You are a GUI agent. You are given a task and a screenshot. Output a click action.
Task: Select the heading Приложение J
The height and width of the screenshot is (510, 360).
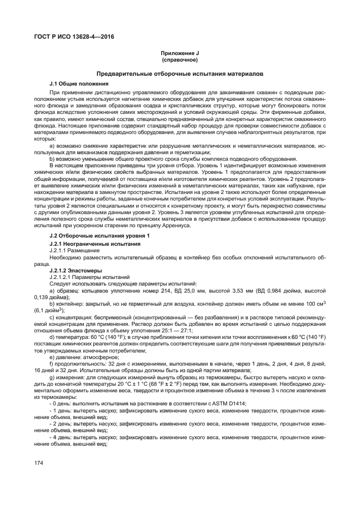[179, 53]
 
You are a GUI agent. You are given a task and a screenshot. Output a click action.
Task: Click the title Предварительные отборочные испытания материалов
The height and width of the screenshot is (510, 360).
[179, 73]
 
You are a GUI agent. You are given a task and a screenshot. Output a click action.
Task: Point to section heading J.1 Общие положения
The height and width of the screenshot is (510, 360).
[78, 83]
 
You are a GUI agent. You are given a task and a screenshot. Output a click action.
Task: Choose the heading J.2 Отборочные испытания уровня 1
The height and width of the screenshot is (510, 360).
[95, 235]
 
